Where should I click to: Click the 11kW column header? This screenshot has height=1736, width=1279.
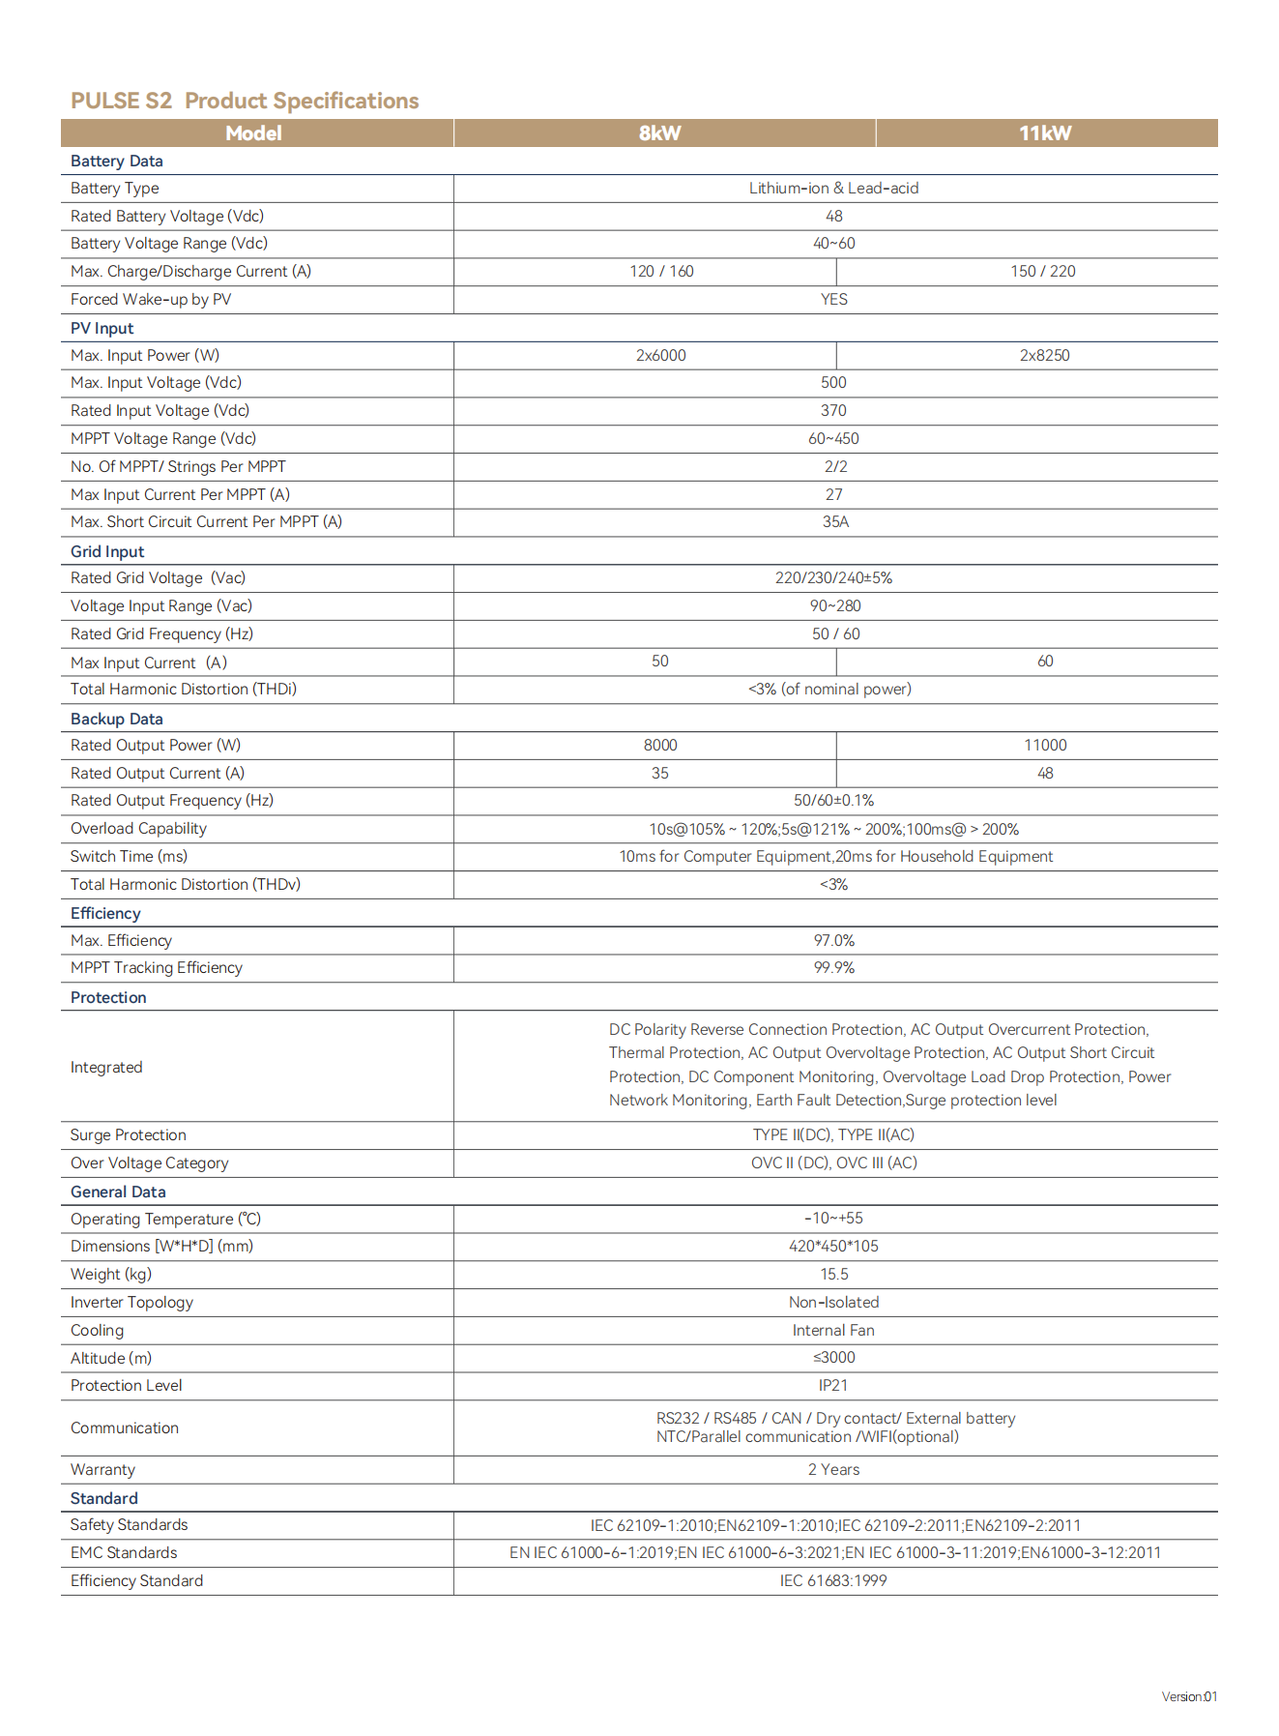click(1045, 133)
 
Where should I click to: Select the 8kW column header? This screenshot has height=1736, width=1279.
click(660, 133)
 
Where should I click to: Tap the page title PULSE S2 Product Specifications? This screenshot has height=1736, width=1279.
click(245, 101)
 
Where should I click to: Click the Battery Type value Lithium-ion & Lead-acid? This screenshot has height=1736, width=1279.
click(833, 189)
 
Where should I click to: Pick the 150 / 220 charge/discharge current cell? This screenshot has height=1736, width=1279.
click(1043, 272)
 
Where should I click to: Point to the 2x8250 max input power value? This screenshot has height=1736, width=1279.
click(1044, 356)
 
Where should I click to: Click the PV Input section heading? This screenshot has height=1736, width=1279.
click(102, 329)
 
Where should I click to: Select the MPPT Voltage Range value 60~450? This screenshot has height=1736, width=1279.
click(833, 439)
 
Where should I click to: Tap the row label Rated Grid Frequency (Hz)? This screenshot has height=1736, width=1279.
click(161, 634)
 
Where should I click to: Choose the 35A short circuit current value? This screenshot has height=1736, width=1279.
click(835, 522)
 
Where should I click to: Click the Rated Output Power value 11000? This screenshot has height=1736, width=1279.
click(1045, 746)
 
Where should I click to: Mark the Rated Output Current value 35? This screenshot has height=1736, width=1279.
click(659, 774)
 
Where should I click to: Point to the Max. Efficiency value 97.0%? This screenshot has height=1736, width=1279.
click(833, 941)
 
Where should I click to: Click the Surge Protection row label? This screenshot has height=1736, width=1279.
click(129, 1135)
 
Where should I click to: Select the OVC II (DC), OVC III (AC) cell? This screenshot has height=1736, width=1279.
click(833, 1163)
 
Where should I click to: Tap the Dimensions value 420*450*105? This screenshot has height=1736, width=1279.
click(833, 1247)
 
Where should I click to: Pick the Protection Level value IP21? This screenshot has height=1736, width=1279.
click(833, 1386)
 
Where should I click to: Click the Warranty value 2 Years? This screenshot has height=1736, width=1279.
click(833, 1470)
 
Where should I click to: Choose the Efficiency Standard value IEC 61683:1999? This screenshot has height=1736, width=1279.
click(833, 1581)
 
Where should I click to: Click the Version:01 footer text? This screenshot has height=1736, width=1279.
click(1189, 1696)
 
